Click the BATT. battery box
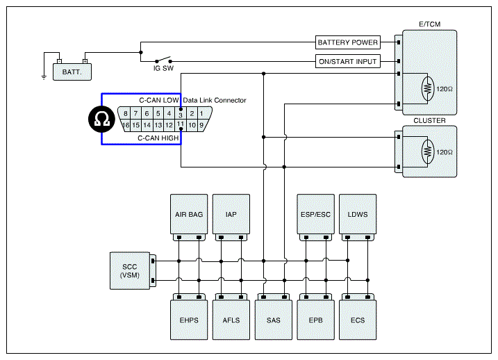pyautogui.click(x=72, y=72)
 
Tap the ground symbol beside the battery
pyautogui.click(x=44, y=77)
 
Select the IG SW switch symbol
pyautogui.click(x=163, y=60)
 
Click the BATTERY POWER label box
pyautogui.click(x=348, y=42)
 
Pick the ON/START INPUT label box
pyautogui.click(x=348, y=61)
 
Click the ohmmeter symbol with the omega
pyautogui.click(x=101, y=119)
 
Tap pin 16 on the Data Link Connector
pyautogui.click(x=126, y=125)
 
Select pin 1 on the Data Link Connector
pyautogui.click(x=201, y=113)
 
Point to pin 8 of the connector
pyautogui.click(x=126, y=113)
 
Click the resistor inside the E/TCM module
pyautogui.click(x=428, y=88)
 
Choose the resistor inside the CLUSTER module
pyautogui.click(x=428, y=152)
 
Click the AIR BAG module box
pyautogui.click(x=189, y=214)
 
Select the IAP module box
pyautogui.click(x=231, y=214)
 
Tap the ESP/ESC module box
pyautogui.click(x=316, y=214)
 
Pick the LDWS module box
pyautogui.click(x=358, y=214)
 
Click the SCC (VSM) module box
pyautogui.click(x=130, y=271)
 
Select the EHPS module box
pyautogui.click(x=189, y=320)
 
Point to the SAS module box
pyautogui.click(x=274, y=320)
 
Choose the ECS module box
pyautogui.click(x=358, y=320)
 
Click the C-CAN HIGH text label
pyautogui.click(x=158, y=138)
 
